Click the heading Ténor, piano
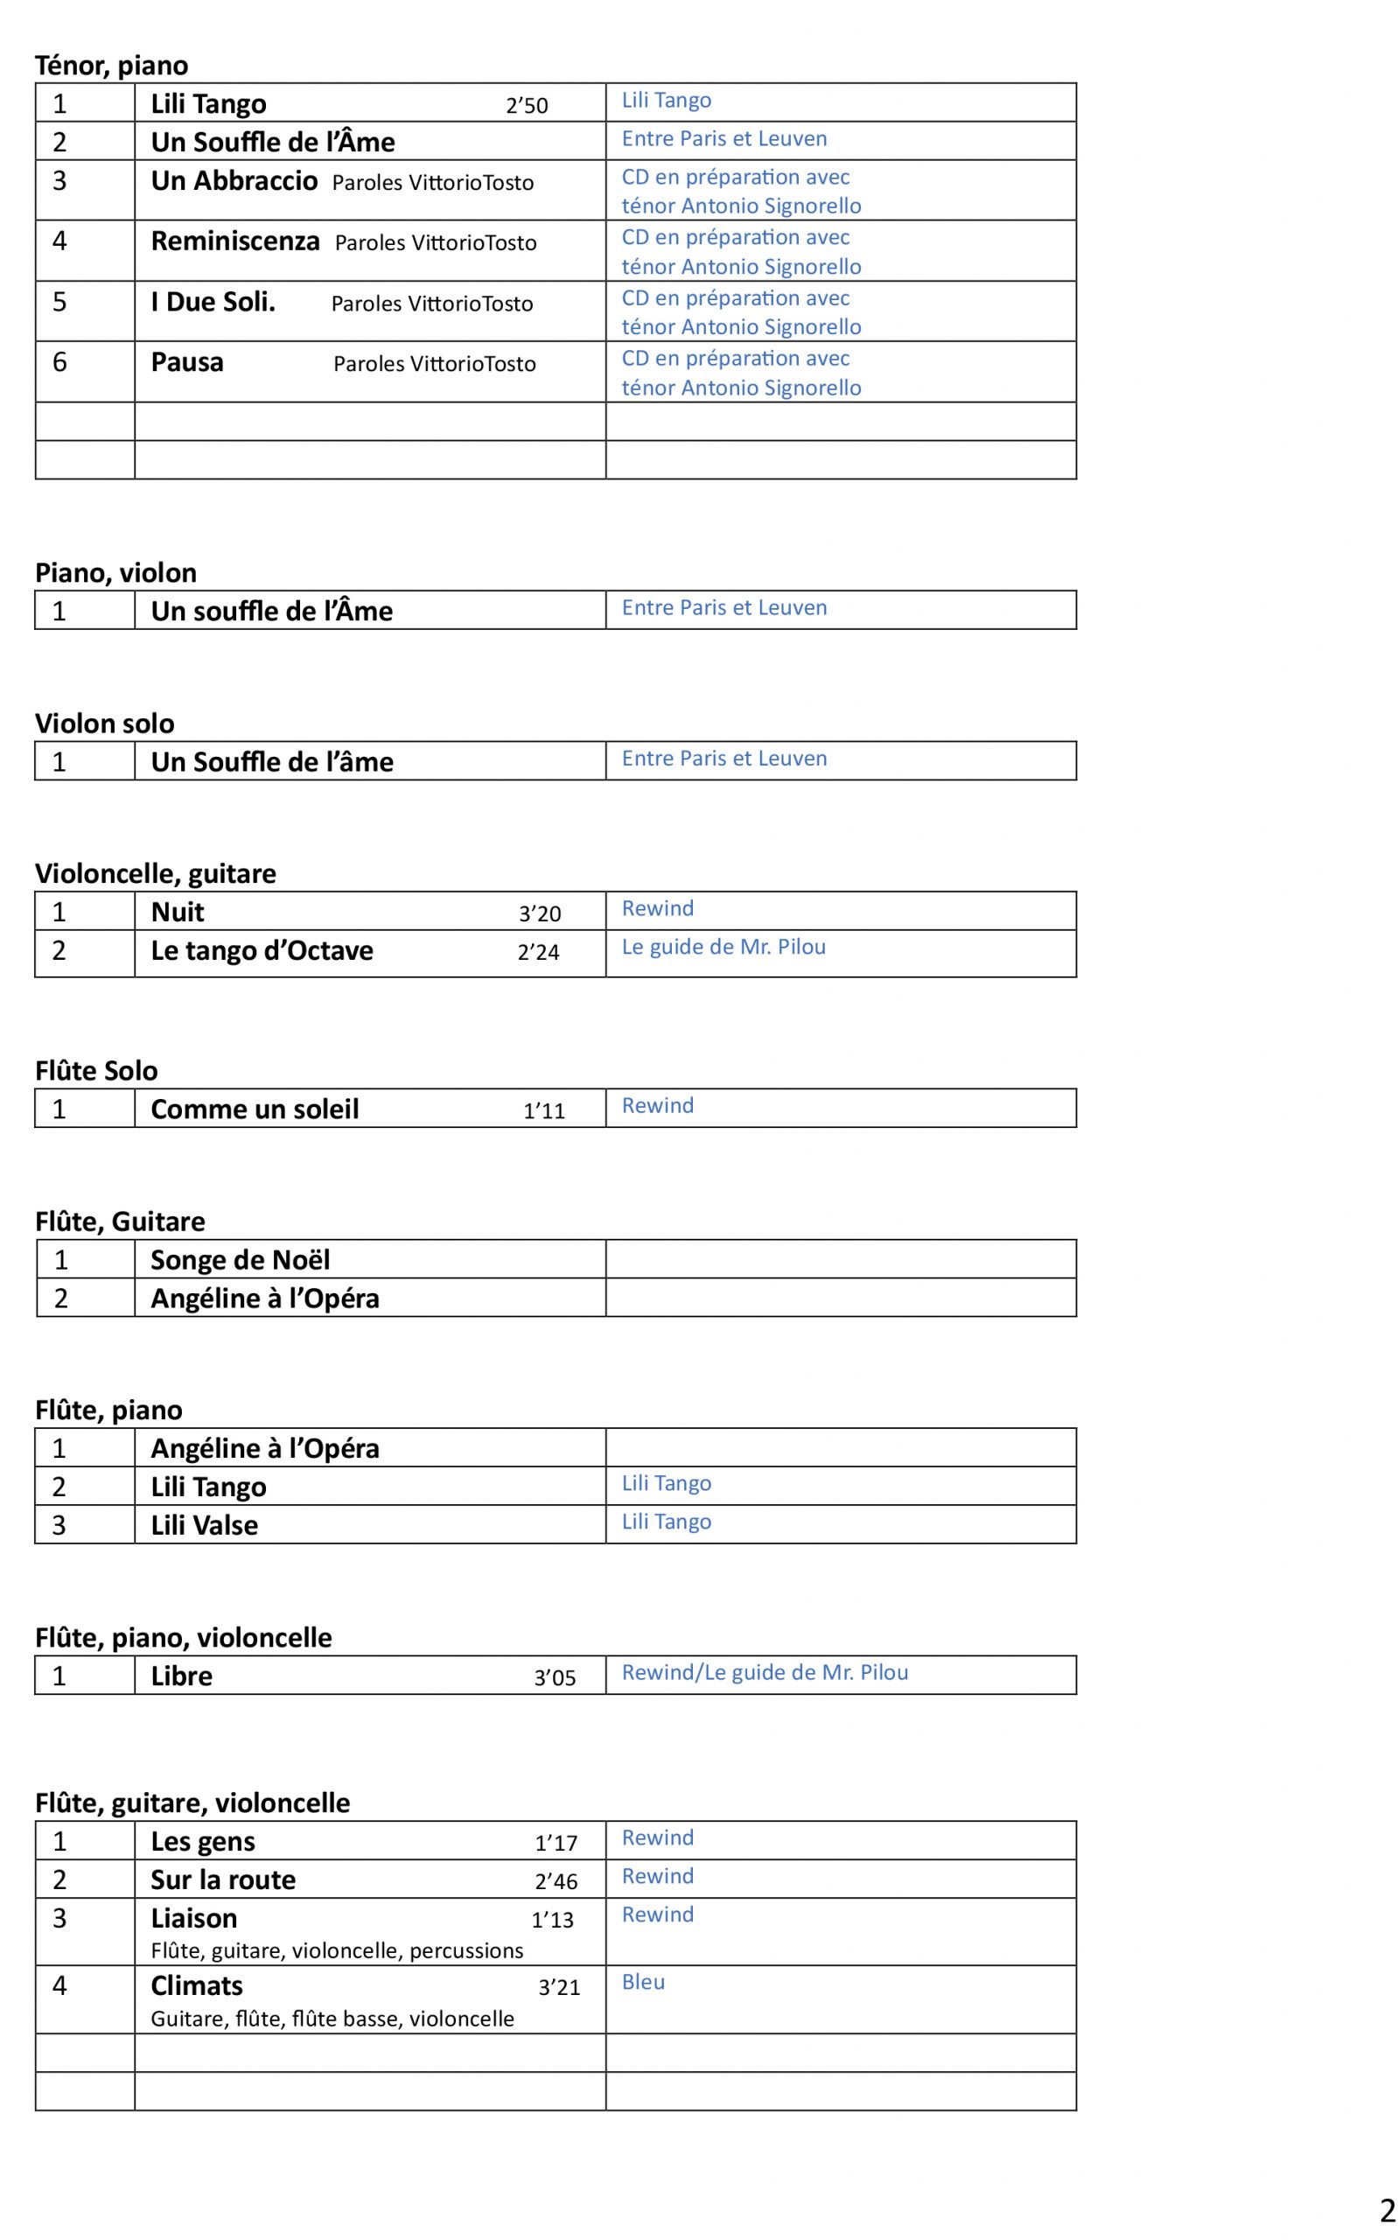(111, 66)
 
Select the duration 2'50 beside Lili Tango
(527, 105)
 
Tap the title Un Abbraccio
(234, 180)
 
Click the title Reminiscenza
(234, 241)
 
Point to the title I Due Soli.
(213, 302)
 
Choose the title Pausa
(186, 362)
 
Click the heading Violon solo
(104, 723)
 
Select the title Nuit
(178, 913)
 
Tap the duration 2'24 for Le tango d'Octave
(538, 952)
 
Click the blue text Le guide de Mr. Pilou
(723, 947)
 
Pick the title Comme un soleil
(255, 1109)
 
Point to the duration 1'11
(543, 1111)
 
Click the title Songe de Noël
(240, 1260)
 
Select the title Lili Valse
(205, 1525)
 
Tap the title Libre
(181, 1676)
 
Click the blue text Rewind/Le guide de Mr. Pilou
(765, 1672)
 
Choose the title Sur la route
(223, 1880)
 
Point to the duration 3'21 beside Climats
(559, 1988)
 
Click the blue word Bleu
(643, 1982)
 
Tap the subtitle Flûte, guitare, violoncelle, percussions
(337, 1950)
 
